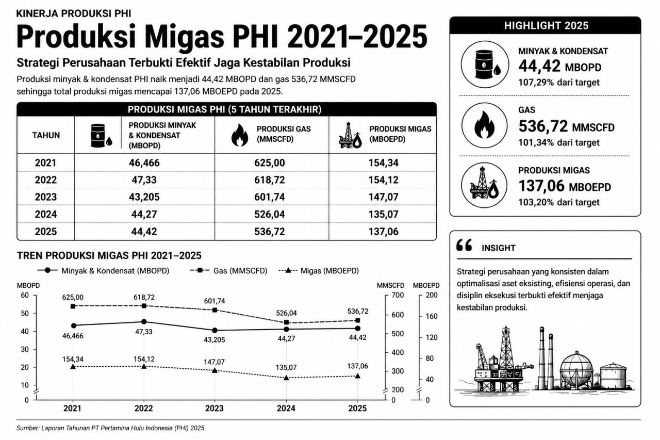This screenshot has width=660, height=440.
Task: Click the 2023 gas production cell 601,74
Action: click(x=270, y=197)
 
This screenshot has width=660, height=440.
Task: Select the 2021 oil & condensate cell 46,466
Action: click(x=144, y=162)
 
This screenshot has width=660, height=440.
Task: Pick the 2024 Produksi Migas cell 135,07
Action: click(x=383, y=214)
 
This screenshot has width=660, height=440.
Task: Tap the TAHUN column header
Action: click(x=46, y=135)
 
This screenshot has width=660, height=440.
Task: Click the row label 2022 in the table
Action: click(x=46, y=180)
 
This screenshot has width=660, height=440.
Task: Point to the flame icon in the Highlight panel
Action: click(x=484, y=125)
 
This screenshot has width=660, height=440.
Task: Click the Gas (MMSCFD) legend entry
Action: click(x=228, y=270)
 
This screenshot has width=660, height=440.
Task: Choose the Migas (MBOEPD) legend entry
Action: click(x=319, y=270)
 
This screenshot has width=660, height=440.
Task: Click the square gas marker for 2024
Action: click(x=286, y=322)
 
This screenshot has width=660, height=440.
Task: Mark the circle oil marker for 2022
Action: click(x=144, y=321)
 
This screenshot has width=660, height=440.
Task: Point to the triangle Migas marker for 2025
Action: click(x=358, y=376)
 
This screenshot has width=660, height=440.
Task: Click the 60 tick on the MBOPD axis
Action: click(x=25, y=295)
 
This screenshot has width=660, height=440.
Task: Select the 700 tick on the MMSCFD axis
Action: click(x=398, y=295)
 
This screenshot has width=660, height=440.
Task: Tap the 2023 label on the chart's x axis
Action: click(x=214, y=408)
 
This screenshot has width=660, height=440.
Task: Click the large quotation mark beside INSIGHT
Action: click(x=464, y=245)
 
